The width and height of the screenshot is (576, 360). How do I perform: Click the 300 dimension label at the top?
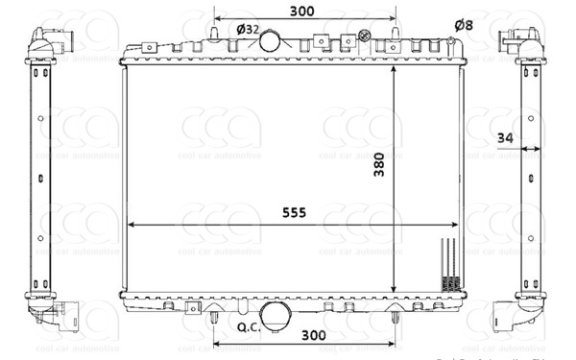coord(301,11)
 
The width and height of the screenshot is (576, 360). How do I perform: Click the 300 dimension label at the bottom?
coord(312,335)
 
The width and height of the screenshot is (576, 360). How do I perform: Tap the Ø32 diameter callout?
coord(247,30)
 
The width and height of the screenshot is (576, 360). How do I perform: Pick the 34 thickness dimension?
coord(506,139)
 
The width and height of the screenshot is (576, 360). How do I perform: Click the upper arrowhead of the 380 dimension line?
coord(394,72)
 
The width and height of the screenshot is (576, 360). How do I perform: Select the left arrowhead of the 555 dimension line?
coord(132,225)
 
